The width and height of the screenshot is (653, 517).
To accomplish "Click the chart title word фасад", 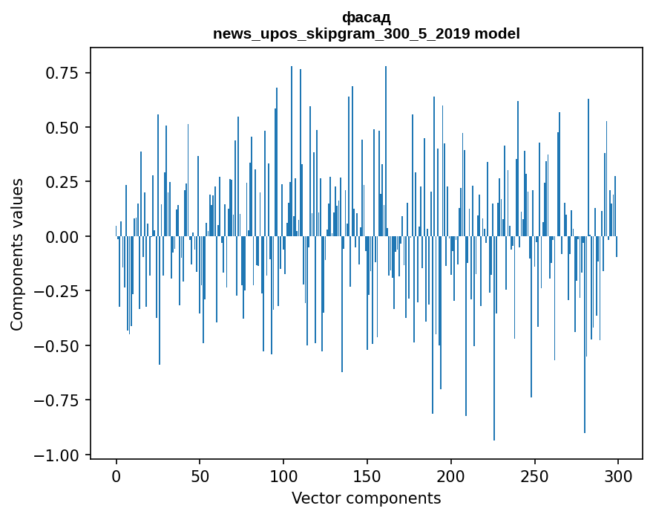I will point(366,17).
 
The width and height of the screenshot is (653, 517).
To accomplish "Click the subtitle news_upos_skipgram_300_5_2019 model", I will point(366,33).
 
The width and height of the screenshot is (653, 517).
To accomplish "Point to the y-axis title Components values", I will point(16,254).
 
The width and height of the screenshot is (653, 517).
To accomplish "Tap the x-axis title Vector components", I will point(366,498).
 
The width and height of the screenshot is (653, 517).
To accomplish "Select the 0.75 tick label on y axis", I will point(62,73).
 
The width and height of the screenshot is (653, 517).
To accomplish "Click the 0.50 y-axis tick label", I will point(62,128).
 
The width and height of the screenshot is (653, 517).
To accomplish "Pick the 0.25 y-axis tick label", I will point(62,182).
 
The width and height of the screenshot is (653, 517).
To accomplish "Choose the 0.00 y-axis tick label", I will point(62,236).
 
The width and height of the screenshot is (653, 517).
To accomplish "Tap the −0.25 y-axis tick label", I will point(57,291).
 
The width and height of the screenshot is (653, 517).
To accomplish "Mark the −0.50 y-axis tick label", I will point(57,345).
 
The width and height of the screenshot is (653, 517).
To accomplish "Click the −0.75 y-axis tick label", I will point(57,400).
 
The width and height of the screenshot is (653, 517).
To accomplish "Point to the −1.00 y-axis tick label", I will point(57,455).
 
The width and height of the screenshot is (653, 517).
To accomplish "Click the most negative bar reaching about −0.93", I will point(494,371).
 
